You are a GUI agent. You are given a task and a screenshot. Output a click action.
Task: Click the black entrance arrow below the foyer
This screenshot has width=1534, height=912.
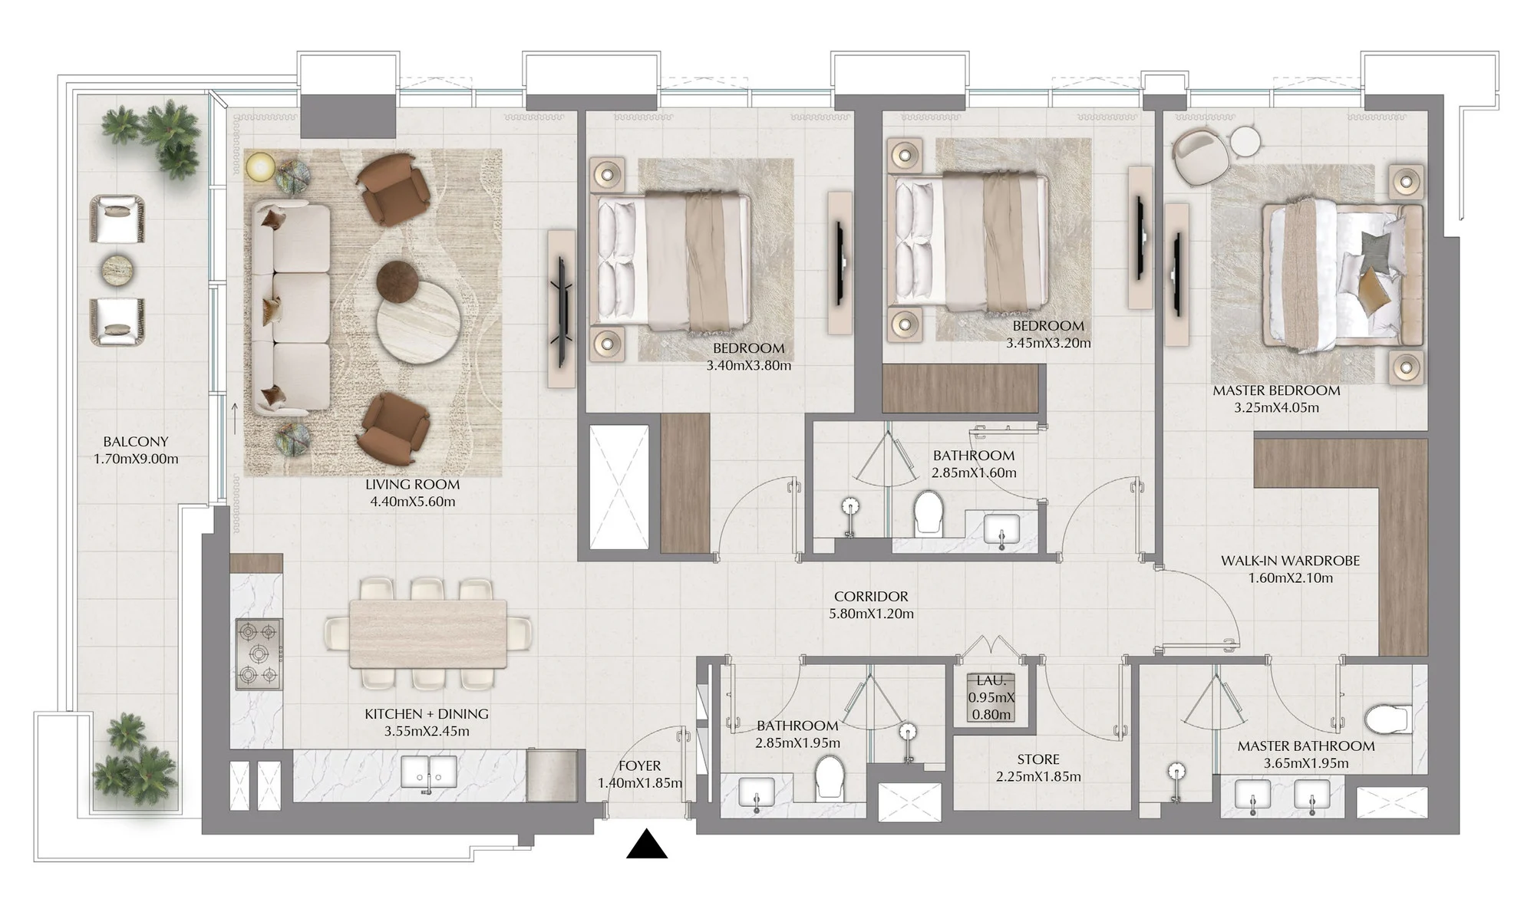click(647, 844)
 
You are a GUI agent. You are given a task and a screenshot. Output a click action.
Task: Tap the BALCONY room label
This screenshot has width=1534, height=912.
click(136, 442)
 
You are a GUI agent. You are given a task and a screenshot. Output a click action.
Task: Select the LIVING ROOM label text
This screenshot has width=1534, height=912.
click(412, 485)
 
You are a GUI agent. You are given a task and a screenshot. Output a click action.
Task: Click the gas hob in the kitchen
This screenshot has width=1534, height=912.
click(259, 653)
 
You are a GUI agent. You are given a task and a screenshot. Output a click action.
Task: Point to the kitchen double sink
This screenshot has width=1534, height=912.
click(430, 772)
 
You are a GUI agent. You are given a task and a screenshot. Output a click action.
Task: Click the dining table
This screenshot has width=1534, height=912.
click(428, 634)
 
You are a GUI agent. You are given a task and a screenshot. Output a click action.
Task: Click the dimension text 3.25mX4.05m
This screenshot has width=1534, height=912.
click(1277, 408)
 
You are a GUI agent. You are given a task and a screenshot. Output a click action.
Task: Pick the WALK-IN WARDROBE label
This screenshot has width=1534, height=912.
click(1290, 561)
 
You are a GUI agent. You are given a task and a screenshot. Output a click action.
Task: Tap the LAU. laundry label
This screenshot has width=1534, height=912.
click(991, 680)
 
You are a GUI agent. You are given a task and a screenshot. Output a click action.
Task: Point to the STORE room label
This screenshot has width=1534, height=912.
click(1038, 759)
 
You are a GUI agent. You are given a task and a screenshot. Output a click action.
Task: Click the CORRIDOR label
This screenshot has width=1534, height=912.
click(871, 597)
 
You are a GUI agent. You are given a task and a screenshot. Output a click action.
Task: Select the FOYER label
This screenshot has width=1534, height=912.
click(639, 766)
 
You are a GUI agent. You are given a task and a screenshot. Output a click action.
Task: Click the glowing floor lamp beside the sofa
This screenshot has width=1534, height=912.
click(260, 166)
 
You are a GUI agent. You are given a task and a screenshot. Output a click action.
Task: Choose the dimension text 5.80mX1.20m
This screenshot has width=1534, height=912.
click(871, 614)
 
